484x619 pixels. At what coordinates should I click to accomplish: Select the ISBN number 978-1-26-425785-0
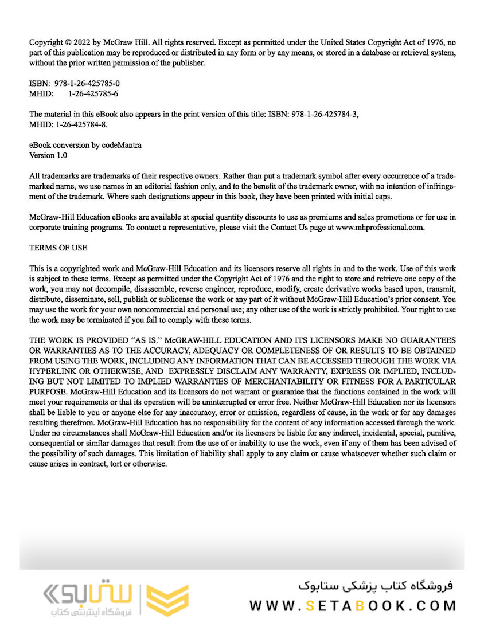click(x=87, y=83)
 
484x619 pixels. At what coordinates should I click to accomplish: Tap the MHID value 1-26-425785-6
click(x=93, y=93)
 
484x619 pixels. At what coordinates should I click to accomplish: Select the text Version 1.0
click(x=48, y=155)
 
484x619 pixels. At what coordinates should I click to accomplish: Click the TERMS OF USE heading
click(x=58, y=248)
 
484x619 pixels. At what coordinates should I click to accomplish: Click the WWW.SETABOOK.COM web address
click(x=353, y=606)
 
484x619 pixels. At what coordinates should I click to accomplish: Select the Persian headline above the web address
click(x=376, y=586)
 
